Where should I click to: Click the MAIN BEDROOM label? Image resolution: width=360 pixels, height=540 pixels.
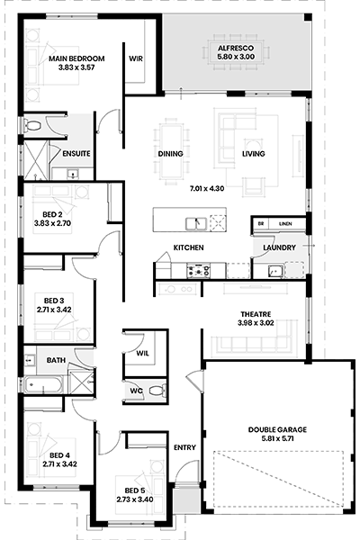tap(76, 58)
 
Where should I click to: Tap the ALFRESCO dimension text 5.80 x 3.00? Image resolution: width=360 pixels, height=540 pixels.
tap(236, 57)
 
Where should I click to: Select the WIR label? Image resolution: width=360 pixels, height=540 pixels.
tap(136, 58)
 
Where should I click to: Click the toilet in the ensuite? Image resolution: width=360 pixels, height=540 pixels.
tap(31, 125)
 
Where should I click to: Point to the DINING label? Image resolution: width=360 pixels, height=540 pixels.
tap(170, 154)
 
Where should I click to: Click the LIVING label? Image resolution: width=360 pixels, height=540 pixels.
tap(253, 154)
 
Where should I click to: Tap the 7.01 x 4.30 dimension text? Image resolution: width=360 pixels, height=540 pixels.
tap(207, 188)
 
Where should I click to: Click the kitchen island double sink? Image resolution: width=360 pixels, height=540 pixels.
tap(196, 223)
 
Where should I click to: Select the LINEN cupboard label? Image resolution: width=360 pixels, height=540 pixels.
tap(285, 224)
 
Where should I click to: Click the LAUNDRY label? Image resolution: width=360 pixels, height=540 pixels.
tap(279, 247)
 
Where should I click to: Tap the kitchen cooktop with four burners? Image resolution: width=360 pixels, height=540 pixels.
tap(198, 270)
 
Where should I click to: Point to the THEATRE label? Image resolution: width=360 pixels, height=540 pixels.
tap(256, 314)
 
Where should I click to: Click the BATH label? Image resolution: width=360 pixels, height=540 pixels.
tap(56, 360)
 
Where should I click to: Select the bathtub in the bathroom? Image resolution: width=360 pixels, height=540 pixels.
tap(43, 384)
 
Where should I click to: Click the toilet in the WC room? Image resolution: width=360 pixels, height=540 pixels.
tap(157, 391)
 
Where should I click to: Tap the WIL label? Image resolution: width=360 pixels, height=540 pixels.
tap(142, 354)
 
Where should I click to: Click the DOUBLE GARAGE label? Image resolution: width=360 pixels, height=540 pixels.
tap(277, 429)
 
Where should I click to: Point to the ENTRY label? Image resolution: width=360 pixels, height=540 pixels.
tap(184, 447)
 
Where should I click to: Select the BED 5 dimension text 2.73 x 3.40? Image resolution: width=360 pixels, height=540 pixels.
tap(135, 499)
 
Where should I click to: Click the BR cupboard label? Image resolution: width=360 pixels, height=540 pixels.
tap(261, 224)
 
